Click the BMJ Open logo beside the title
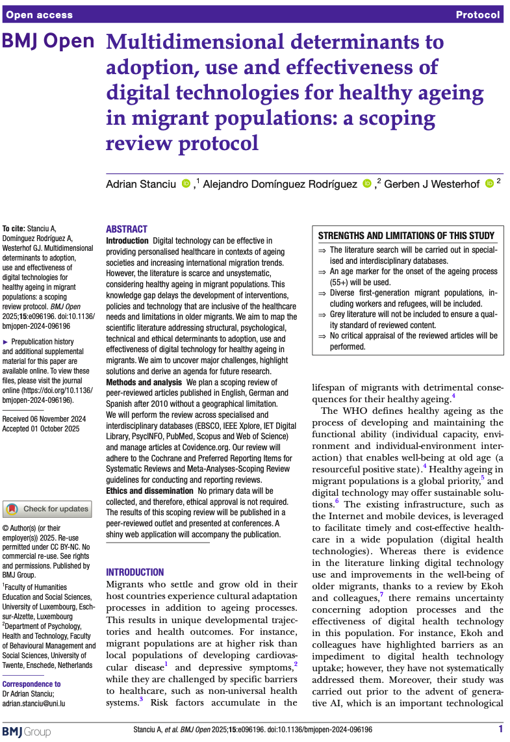click(49, 42)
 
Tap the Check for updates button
click(48, 509)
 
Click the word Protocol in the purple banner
click(478, 15)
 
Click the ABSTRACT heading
click(127, 229)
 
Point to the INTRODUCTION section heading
click(135, 572)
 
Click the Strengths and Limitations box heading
click(406, 236)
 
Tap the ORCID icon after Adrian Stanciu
click(186, 184)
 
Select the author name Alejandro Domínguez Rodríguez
click(280, 185)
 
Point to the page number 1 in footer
click(500, 730)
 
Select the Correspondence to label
click(32, 684)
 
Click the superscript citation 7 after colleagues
click(381, 595)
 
